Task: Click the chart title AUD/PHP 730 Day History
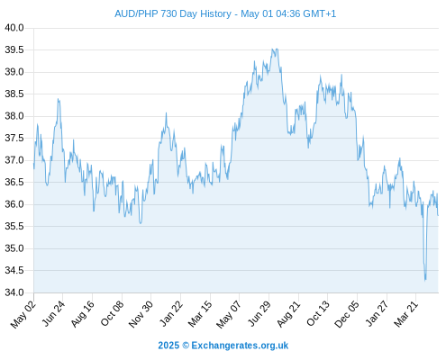tap(173, 13)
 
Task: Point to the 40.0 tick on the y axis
tap(14, 28)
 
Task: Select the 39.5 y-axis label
tap(14, 49)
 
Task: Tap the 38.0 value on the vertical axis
tap(14, 116)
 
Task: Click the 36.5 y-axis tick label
tap(14, 182)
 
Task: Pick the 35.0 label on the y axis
tap(14, 248)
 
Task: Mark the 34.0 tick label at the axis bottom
tap(14, 292)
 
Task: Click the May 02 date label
tap(23, 314)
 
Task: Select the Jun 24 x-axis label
tap(53, 313)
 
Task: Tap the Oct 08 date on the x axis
tap(112, 313)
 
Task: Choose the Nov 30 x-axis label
tap(141, 314)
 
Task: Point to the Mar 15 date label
tap(200, 314)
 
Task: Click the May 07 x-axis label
tap(229, 314)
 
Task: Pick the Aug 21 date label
tap(288, 314)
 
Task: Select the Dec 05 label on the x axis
tap(347, 314)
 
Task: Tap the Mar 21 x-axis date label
tap(405, 314)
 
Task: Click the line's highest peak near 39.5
tap(277, 49)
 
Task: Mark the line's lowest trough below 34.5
tap(425, 280)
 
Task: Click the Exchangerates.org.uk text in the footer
tap(240, 346)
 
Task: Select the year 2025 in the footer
tap(168, 346)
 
